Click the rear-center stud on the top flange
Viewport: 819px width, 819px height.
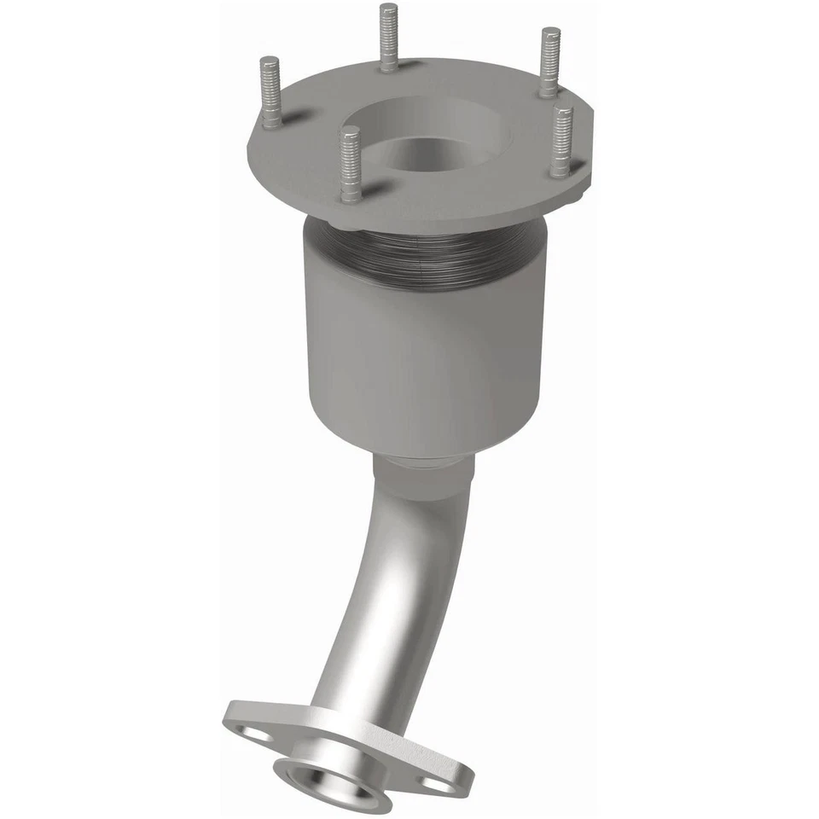tap(388, 38)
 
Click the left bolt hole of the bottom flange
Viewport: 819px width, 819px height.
tap(253, 732)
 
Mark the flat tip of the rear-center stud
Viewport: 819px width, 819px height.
tap(388, 8)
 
